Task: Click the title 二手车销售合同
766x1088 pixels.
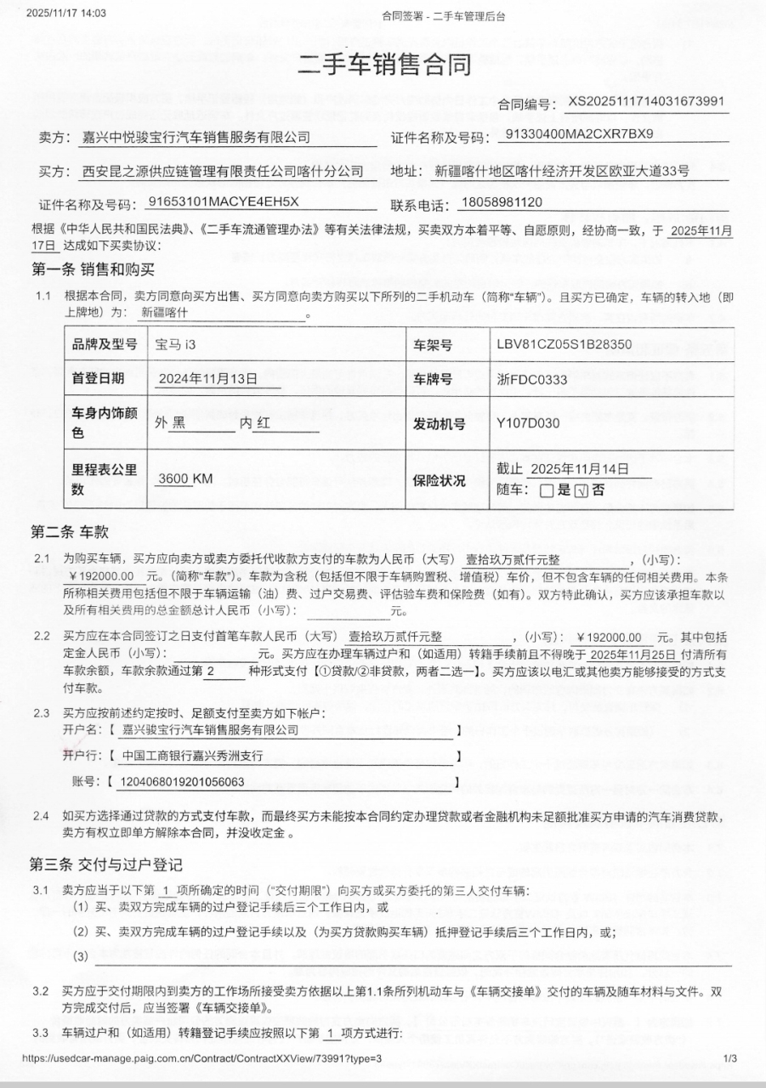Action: [383, 64]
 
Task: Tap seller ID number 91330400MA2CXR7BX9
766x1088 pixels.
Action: [579, 134]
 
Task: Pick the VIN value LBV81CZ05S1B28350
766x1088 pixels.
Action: [564, 344]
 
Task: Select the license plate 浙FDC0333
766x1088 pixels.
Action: [531, 380]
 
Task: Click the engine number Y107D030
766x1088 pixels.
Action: [528, 422]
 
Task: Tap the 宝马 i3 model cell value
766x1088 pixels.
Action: [180, 345]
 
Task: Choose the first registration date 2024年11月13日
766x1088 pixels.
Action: [207, 380]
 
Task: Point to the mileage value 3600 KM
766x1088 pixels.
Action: [185, 479]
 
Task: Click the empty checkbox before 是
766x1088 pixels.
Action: [547, 490]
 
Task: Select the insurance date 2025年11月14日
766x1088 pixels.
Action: [579, 469]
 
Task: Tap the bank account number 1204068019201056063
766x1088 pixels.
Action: [184, 782]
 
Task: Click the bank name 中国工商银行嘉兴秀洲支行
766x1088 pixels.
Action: [193, 756]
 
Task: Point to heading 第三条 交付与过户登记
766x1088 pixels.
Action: [106, 865]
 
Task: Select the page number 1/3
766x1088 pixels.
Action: [729, 1058]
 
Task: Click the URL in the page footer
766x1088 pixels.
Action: [201, 1058]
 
